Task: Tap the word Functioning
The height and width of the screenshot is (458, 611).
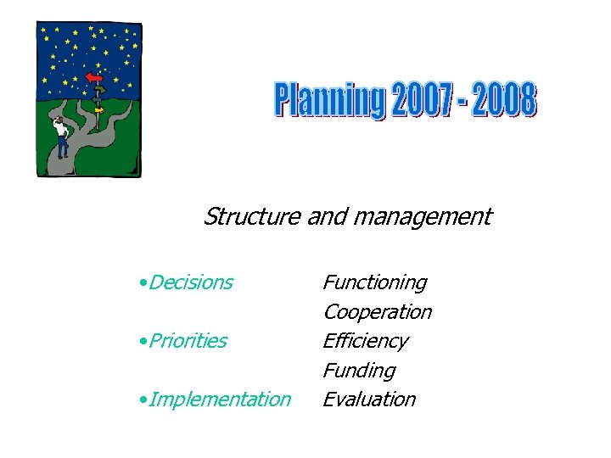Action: pos(374,282)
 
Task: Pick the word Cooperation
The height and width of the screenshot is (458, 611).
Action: pos(377,312)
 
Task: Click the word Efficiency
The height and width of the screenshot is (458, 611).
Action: pos(365,341)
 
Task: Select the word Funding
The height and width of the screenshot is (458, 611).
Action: pos(359,371)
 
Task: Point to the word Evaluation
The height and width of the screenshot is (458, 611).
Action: pos(369,399)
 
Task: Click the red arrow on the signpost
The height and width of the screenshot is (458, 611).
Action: pos(94,78)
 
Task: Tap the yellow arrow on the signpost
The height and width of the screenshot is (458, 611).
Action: pos(99,109)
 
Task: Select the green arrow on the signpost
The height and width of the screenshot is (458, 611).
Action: pos(99,88)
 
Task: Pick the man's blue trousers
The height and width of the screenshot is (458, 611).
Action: pos(62,148)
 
